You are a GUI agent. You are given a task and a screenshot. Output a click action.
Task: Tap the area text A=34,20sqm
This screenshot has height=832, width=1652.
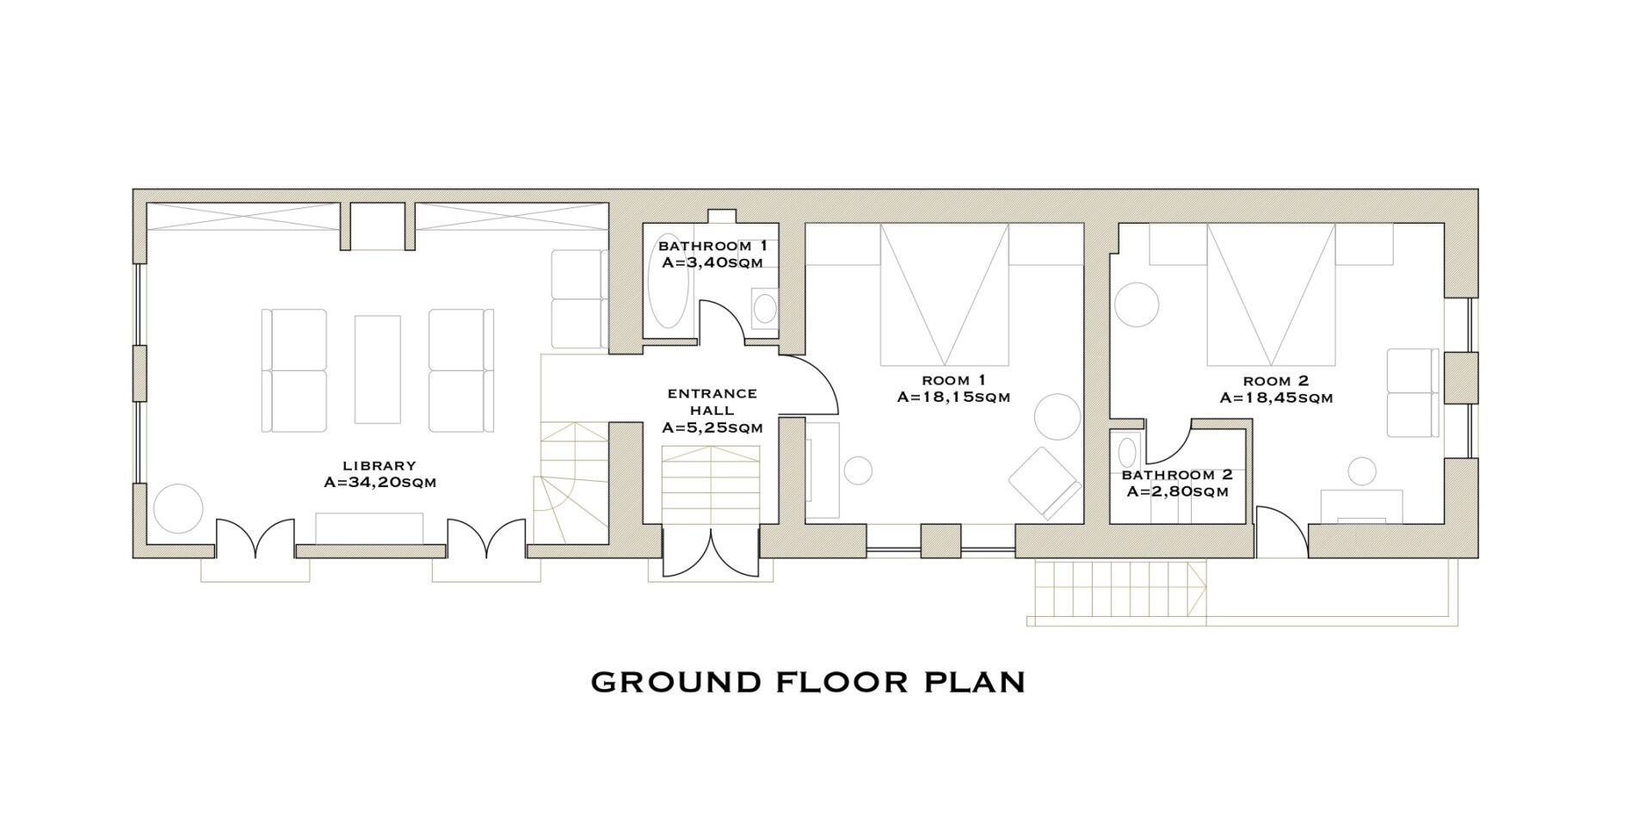(x=379, y=483)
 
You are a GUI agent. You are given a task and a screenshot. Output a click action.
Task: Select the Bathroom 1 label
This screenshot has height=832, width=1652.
(x=712, y=246)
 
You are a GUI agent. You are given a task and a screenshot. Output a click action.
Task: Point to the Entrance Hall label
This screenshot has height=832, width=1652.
(x=712, y=402)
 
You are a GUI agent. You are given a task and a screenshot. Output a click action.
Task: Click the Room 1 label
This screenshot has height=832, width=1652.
(x=953, y=380)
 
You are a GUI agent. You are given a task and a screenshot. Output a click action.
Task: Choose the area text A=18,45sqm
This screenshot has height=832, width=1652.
(x=1276, y=398)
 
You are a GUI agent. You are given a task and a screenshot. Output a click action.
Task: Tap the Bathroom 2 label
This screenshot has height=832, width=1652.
(x=1177, y=475)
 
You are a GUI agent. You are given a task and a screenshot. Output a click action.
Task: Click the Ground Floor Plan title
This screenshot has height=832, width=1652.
(x=808, y=682)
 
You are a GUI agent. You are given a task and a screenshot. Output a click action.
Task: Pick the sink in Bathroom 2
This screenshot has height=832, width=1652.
(x=1126, y=451)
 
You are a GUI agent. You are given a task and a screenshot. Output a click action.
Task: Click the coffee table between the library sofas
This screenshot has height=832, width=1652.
(x=378, y=369)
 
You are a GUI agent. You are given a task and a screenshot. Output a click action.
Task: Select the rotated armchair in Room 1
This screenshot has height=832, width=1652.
(x=1045, y=483)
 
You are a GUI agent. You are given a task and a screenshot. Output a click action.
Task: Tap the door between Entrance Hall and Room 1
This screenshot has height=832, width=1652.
(x=808, y=384)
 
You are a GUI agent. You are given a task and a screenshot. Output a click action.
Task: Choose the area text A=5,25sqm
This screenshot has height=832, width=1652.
(x=712, y=427)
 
